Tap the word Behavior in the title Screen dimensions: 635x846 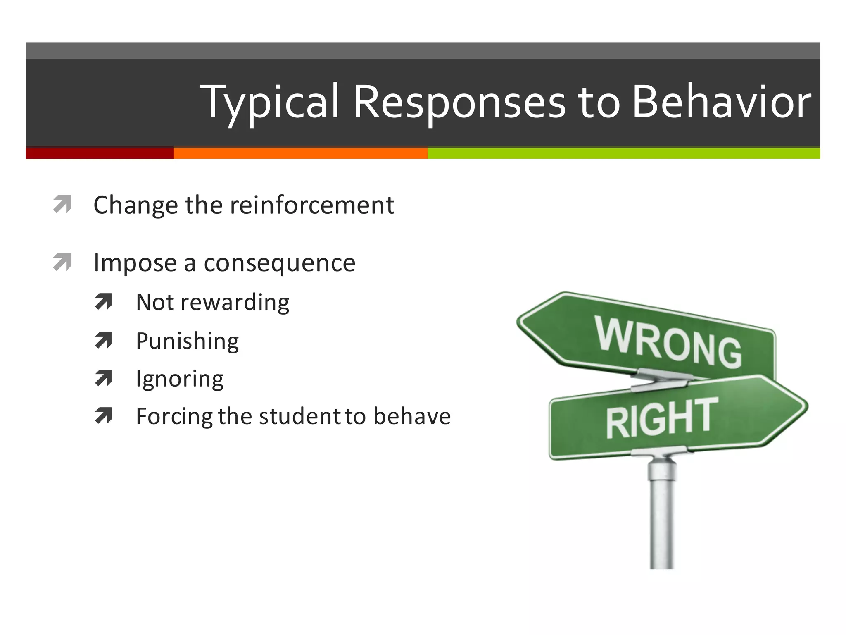721,102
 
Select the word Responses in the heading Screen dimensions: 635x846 459,103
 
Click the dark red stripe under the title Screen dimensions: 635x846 100,153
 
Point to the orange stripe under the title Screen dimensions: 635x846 300,153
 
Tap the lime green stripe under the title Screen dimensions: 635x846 623,153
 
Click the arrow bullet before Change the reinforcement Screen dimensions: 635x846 63,204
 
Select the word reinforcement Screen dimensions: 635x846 312,205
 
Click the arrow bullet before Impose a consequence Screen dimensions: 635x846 63,262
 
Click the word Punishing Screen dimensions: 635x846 187,341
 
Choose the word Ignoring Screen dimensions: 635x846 180,379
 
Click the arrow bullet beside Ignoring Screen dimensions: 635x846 104,378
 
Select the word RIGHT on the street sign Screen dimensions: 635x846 661,418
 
